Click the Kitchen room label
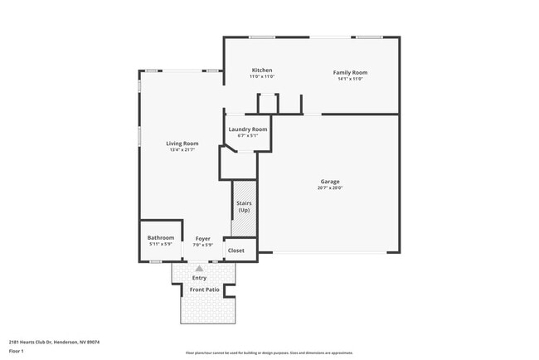click(261, 71)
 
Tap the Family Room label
click(350, 73)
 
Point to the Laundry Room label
click(248, 129)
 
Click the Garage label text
click(330, 182)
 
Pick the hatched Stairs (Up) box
click(244, 207)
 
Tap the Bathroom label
click(161, 238)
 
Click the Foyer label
click(202, 238)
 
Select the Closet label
click(236, 251)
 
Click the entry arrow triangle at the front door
click(199, 269)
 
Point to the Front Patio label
click(204, 289)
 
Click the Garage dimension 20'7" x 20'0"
click(330, 188)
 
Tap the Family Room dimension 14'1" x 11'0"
click(350, 79)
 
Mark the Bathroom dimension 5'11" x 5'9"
click(161, 245)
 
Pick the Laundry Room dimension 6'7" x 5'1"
click(248, 136)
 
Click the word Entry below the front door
click(199, 278)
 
